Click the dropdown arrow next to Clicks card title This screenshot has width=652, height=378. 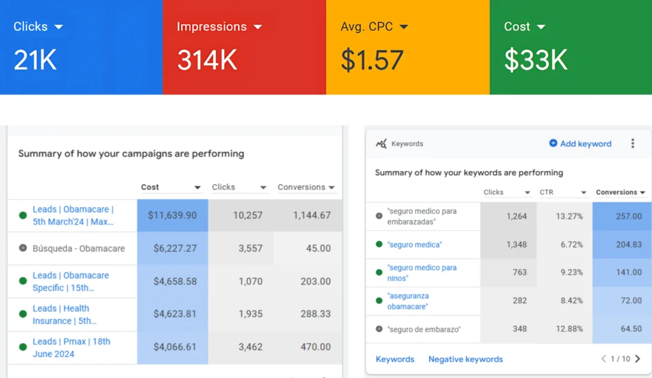59,27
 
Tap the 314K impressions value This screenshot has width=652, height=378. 207,60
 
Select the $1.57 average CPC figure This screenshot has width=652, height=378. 372,60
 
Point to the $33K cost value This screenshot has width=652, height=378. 535,60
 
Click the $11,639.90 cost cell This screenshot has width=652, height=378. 173,215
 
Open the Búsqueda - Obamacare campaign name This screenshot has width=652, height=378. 78,249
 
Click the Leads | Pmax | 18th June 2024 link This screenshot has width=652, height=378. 71,347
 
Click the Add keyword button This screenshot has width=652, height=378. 580,144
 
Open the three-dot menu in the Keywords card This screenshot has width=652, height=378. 632,143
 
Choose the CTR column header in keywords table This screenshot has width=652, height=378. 547,193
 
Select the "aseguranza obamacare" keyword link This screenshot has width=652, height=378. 407,301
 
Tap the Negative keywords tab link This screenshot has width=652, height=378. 465,360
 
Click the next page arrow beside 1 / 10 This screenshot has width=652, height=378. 637,359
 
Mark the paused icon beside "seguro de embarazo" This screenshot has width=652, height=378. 379,330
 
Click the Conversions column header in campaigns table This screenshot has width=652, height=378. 302,187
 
